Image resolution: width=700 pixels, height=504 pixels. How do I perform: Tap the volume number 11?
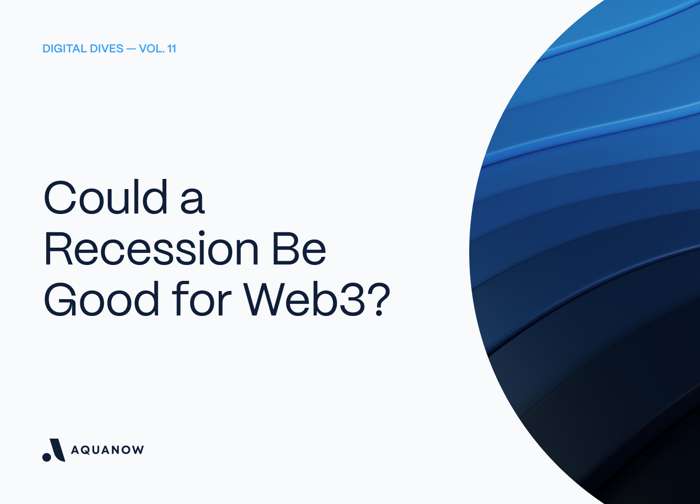pos(172,49)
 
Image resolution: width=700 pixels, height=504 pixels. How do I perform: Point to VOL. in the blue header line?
pos(151,49)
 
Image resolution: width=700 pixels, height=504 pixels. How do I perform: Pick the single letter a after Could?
pos(192,201)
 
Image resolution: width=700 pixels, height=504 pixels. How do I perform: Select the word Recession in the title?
pos(151,249)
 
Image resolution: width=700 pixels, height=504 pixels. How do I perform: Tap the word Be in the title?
pos(299,249)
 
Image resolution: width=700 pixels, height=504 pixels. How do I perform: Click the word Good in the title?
pos(101,300)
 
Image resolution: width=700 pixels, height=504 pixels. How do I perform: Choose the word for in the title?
pos(201,300)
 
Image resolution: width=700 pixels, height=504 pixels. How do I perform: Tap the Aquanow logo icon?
pos(54,450)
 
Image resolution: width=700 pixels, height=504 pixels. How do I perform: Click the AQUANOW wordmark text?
pos(107,450)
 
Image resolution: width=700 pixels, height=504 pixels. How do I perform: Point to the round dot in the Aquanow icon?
pos(47,456)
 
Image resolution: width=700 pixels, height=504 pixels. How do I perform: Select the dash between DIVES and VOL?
pos(131,49)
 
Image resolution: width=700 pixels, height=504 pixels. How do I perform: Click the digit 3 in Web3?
pos(354,300)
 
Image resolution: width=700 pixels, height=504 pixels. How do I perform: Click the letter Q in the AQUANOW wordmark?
pos(87,450)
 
